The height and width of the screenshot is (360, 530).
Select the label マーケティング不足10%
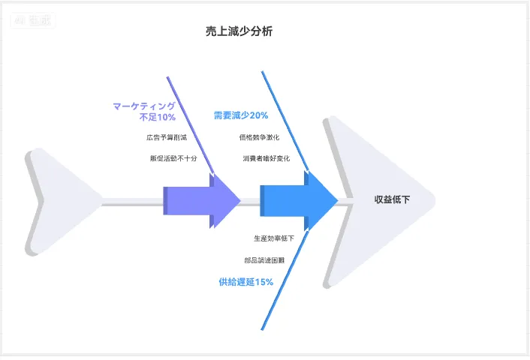(x=144, y=112)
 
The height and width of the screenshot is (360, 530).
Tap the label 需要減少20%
(x=240, y=115)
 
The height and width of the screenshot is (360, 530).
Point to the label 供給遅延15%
(x=245, y=282)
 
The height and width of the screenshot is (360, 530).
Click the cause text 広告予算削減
(x=167, y=137)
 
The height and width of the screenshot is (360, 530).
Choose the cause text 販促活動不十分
(x=173, y=158)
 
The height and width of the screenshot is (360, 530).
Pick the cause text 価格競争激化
(x=259, y=137)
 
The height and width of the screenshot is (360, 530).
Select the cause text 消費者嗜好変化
(x=266, y=158)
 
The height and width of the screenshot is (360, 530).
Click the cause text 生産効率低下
(x=273, y=238)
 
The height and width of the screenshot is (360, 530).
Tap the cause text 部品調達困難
(x=264, y=259)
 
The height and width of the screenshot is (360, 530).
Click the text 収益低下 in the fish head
(x=392, y=199)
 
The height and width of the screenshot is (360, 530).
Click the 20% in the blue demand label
(x=258, y=115)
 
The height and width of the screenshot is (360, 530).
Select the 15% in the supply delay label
(x=264, y=282)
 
